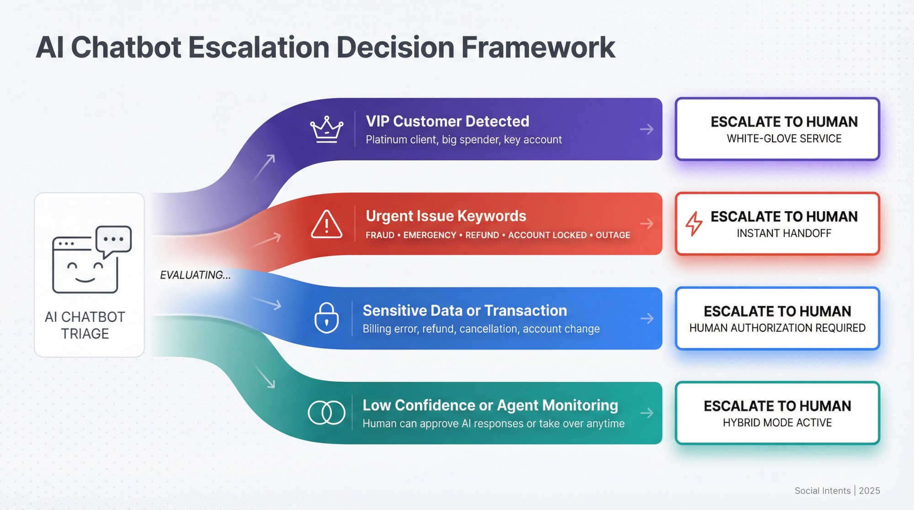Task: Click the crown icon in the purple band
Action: click(326, 130)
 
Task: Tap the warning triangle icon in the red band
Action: click(326, 224)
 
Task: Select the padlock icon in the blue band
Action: click(326, 318)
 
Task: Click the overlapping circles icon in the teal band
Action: click(326, 413)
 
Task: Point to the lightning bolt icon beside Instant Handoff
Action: click(694, 223)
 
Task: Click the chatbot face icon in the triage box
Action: click(85, 265)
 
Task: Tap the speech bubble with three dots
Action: click(114, 240)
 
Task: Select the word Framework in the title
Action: click(538, 48)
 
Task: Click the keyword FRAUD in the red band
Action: click(380, 235)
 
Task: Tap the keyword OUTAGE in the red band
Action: click(612, 235)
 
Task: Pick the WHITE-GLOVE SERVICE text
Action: click(784, 139)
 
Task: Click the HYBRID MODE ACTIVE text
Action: click(777, 423)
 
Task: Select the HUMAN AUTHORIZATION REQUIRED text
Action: click(777, 328)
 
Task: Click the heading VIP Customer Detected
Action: click(447, 122)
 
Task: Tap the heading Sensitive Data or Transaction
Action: click(464, 311)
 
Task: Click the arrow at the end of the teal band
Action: click(647, 413)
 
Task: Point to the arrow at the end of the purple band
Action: click(647, 129)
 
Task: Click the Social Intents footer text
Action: click(822, 491)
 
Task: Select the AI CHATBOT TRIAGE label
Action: click(85, 325)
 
